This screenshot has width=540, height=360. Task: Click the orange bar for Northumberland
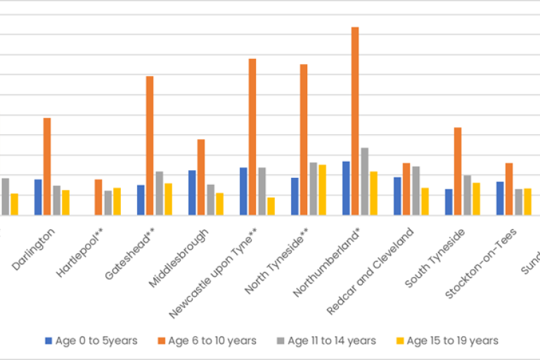click(355, 121)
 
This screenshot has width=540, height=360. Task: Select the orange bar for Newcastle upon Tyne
click(252, 137)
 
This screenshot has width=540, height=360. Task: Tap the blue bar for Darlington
click(38, 198)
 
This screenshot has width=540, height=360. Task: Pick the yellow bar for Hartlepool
click(117, 202)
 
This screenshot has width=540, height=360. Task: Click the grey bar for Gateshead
click(160, 193)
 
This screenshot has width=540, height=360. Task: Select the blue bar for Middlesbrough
click(192, 193)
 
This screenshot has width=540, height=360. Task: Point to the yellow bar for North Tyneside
click(322, 190)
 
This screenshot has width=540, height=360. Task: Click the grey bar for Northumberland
click(364, 181)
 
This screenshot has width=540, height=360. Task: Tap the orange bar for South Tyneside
click(458, 172)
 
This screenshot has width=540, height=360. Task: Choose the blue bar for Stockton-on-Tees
click(500, 198)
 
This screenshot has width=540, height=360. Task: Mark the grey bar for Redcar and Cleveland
click(416, 191)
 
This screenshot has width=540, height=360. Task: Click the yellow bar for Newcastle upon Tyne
click(271, 206)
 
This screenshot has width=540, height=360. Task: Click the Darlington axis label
click(33, 248)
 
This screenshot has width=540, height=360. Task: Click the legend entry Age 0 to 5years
click(91, 340)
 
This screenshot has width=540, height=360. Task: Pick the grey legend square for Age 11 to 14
click(281, 340)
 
